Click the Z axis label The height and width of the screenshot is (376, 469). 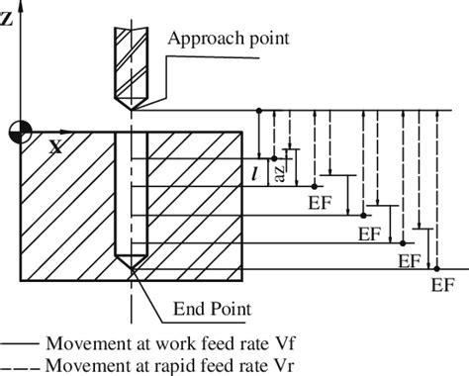coord(9,18)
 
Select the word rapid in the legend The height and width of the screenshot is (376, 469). coord(152,364)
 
